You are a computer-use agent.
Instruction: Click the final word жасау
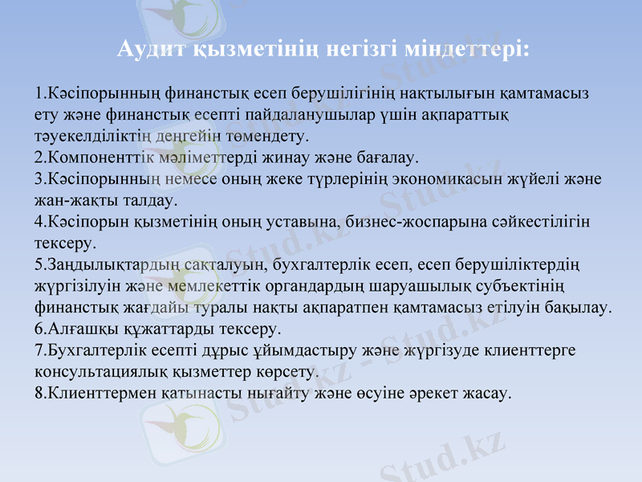[485, 393]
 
